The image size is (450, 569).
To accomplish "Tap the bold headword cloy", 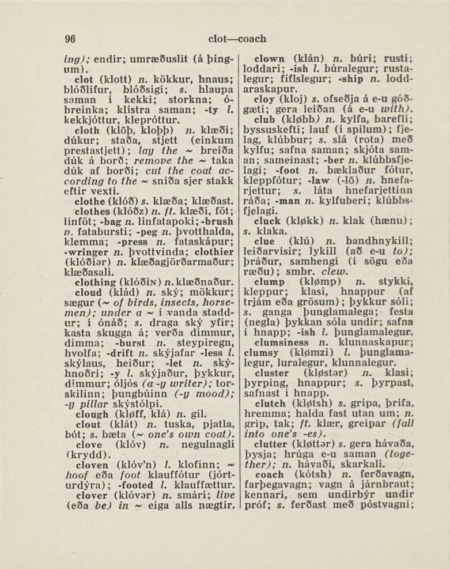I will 264,100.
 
